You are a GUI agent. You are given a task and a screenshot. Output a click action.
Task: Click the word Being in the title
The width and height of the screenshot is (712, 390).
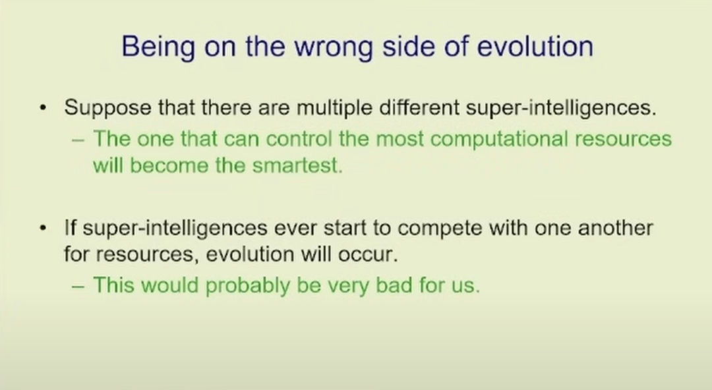(x=158, y=47)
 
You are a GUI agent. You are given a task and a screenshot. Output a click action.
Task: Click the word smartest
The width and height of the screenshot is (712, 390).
(x=297, y=166)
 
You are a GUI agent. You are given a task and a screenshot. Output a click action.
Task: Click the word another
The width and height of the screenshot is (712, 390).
(x=615, y=228)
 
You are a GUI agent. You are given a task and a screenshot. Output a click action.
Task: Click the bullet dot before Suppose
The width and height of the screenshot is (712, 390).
(x=43, y=109)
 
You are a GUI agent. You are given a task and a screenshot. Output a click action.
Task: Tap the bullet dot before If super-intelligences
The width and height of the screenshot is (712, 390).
(x=43, y=229)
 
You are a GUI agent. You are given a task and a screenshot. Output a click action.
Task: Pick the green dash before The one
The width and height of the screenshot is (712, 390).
(x=78, y=140)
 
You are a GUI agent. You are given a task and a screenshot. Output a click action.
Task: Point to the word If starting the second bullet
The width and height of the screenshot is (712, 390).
(x=70, y=228)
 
